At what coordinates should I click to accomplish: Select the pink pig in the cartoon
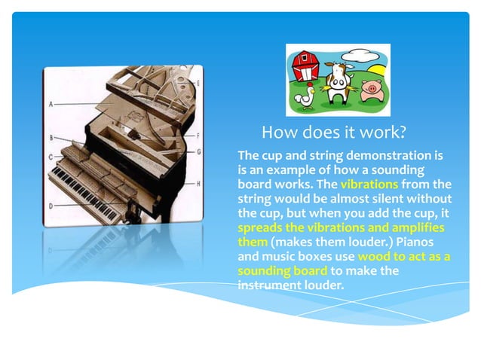(369, 90)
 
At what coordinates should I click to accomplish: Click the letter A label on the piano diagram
(51, 105)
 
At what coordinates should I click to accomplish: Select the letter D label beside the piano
(51, 206)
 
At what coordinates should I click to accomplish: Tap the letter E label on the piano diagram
(198, 82)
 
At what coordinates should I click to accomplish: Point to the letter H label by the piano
(198, 184)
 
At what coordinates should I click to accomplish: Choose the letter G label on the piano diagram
(198, 151)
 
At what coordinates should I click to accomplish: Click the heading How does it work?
(333, 133)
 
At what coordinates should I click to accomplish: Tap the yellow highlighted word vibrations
(369, 184)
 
